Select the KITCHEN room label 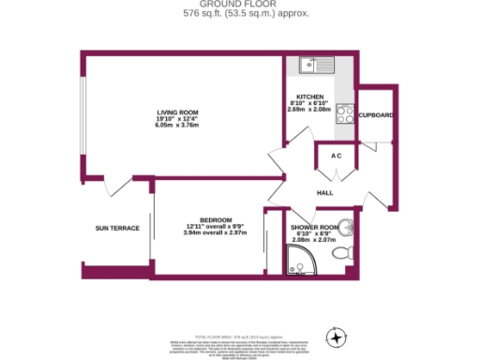tap(309, 97)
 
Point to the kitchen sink tap(307, 65)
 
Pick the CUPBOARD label tap(375, 115)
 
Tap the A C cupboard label tap(336, 156)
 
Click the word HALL tap(325, 193)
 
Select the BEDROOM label tap(202, 219)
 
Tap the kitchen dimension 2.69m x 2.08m tap(309, 110)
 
